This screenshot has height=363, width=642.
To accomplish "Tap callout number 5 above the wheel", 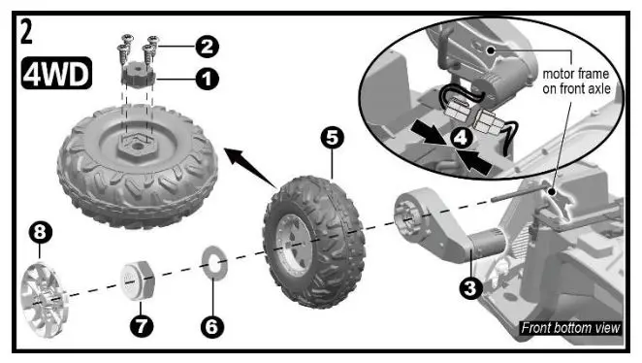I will point(333,138).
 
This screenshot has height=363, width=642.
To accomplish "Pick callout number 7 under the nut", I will point(143,326).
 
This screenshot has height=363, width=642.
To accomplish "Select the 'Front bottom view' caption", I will point(569,328).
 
